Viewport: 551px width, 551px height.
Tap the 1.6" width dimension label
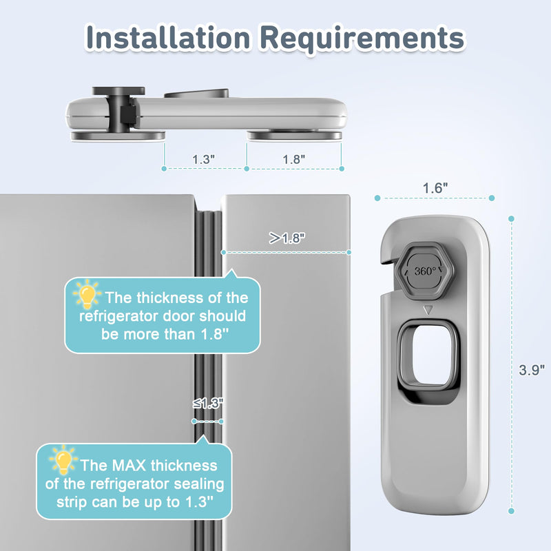[435, 187]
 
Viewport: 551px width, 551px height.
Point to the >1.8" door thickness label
[287, 238]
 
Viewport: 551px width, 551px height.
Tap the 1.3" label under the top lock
[204, 158]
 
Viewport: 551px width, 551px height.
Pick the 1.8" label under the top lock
[294, 158]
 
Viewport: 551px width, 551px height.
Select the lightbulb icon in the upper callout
[87, 295]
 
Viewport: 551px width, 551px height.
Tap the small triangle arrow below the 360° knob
[428, 311]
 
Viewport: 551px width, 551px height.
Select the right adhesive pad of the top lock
[295, 136]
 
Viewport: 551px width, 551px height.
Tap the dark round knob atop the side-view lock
[112, 91]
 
